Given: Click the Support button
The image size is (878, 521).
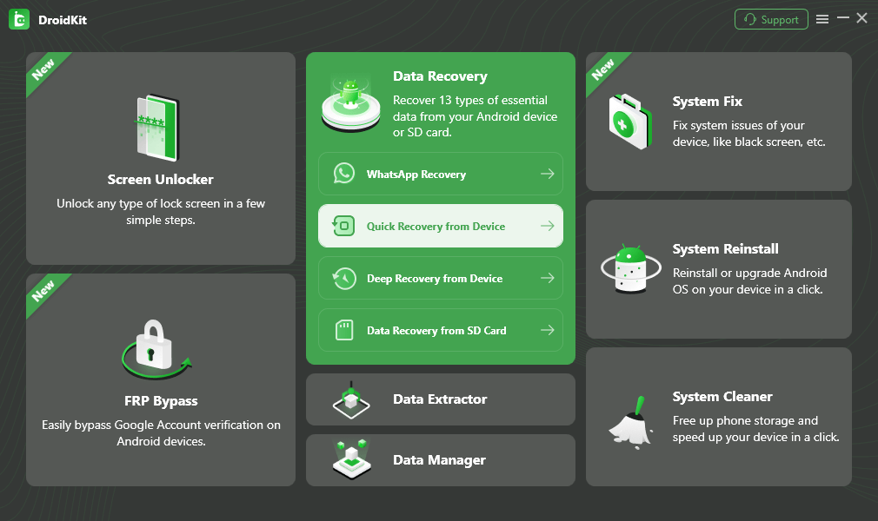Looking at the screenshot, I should [771, 19].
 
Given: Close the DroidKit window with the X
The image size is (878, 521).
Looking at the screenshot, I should [861, 17].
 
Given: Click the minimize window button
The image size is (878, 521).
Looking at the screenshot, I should [842, 18].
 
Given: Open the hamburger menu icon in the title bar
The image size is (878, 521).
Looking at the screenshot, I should [822, 19].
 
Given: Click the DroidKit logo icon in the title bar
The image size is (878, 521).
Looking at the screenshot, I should [19, 19].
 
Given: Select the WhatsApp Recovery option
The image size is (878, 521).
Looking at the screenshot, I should [416, 175].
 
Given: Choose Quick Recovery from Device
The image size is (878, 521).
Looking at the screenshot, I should [436, 227].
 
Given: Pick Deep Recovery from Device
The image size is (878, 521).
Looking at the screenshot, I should [435, 279].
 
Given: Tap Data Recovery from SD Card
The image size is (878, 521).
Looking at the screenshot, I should [436, 331].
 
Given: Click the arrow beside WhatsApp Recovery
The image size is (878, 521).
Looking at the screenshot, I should [547, 175].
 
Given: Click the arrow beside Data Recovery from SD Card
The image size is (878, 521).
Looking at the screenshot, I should [547, 331].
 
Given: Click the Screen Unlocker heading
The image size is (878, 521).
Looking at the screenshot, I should [161, 180].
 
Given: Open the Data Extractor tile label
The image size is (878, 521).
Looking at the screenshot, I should [440, 399].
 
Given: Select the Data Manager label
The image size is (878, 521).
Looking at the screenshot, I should [439, 460].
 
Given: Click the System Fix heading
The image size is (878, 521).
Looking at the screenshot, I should [708, 102].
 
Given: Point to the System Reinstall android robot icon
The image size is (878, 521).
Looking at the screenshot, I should [631, 268].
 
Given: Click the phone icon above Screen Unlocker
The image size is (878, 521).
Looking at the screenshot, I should [156, 127].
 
